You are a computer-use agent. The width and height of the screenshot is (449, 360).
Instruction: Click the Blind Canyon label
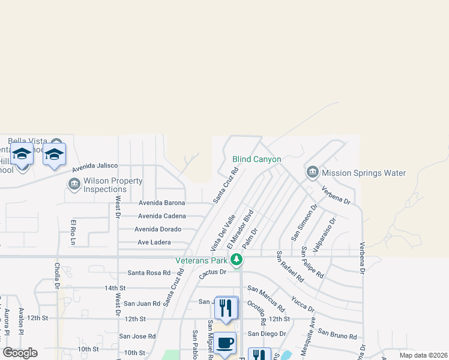click(256, 159)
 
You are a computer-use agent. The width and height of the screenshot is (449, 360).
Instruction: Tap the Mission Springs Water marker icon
click(312, 173)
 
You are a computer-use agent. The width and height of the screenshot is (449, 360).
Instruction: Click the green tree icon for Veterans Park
click(237, 260)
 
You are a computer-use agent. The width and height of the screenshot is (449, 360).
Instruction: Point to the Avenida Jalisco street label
click(95, 167)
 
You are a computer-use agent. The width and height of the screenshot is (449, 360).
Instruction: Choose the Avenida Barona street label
click(161, 203)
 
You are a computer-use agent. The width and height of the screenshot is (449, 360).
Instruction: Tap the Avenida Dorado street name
click(158, 229)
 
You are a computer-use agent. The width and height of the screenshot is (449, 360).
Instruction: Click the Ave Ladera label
click(154, 242)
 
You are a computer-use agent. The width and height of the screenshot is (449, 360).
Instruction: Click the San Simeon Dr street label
click(304, 223)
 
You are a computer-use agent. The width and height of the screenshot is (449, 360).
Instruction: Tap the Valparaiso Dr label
click(325, 232)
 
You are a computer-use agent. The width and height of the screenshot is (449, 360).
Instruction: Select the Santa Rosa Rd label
click(149, 272)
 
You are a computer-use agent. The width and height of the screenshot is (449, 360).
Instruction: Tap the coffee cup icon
click(225, 343)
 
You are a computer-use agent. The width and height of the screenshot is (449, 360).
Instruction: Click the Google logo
click(20, 353)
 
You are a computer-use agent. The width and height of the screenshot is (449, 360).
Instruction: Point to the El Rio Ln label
click(73, 233)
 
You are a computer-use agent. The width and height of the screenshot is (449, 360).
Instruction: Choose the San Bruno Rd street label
click(337, 333)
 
